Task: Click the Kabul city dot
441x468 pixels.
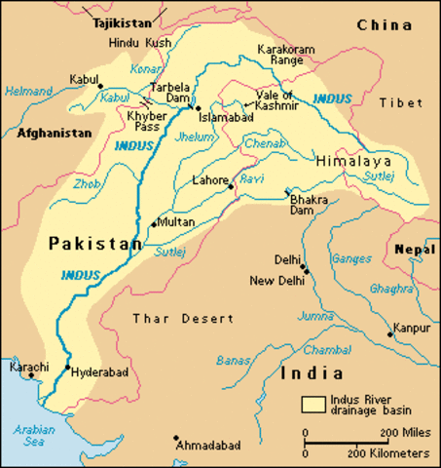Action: [x=100, y=86]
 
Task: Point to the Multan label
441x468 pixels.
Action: [x=175, y=222]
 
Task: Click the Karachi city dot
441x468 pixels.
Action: [x=29, y=379]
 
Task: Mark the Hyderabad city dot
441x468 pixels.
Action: [x=67, y=369]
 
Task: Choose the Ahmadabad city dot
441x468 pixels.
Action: [x=175, y=439]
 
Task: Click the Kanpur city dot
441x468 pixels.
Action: [x=391, y=333]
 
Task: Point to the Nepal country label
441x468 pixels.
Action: [x=415, y=251]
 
